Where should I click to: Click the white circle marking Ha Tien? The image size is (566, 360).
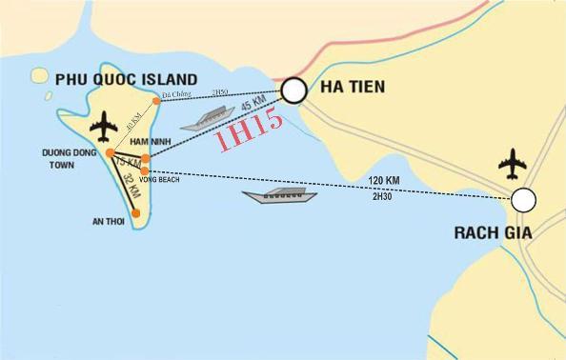point(293,90)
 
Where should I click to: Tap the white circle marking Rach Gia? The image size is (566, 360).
point(523,200)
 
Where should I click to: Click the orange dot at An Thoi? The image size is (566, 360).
point(136,213)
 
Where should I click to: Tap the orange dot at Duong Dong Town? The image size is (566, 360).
point(111,152)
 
